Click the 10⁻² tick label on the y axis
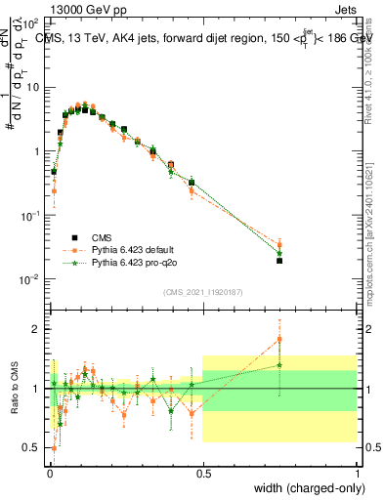pyautogui.click(x=29, y=279)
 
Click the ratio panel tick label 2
pyautogui.click(x=36, y=329)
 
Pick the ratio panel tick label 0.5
pyautogui.click(x=32, y=448)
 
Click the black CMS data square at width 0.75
pyautogui.click(x=279, y=261)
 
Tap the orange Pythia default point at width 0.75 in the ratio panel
pyautogui.click(x=279, y=340)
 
